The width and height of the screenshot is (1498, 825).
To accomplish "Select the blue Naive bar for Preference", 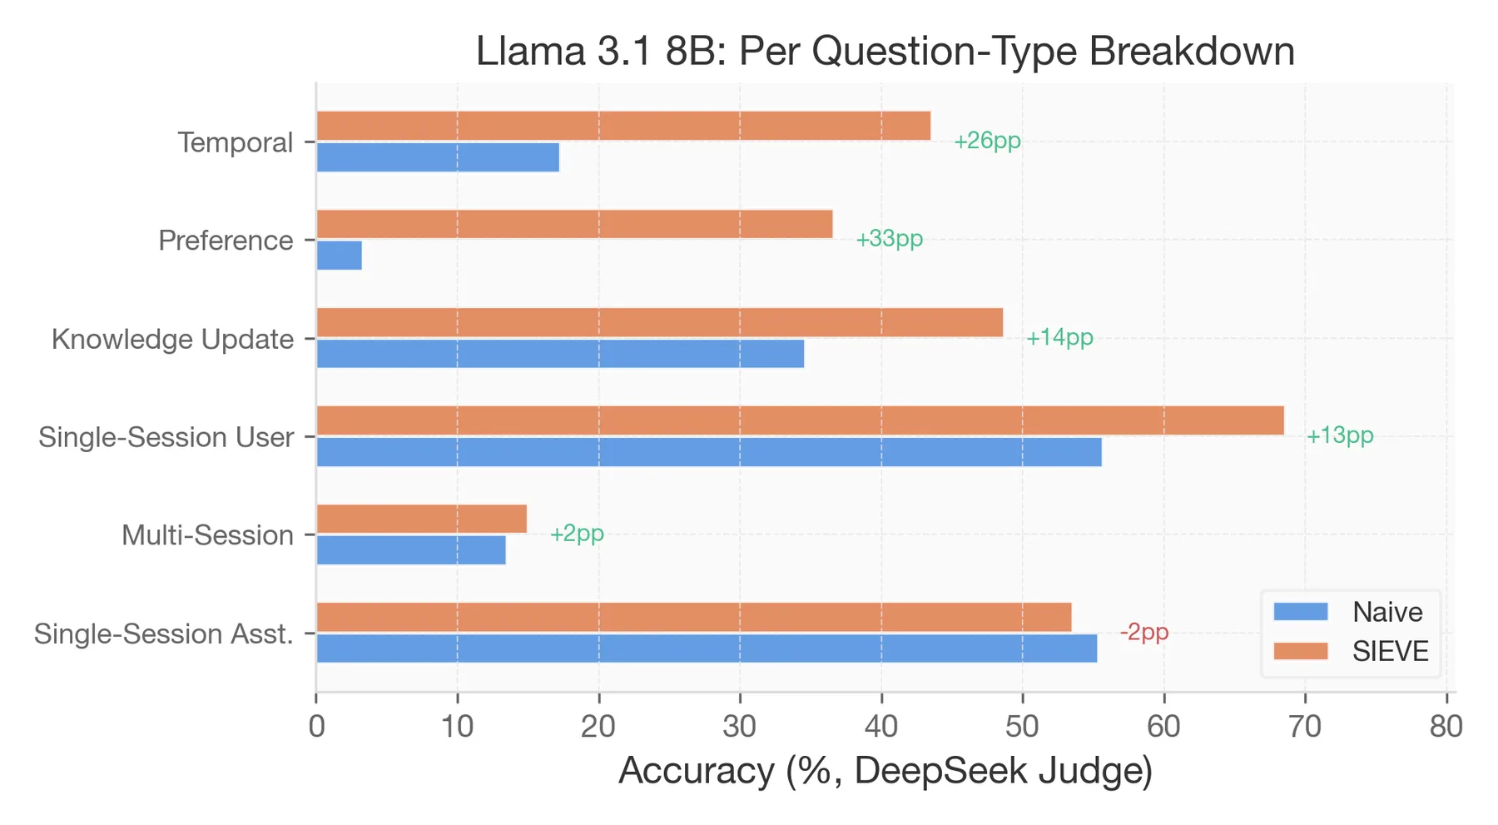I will coord(339,256).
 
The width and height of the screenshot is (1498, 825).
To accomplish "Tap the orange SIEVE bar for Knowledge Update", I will coord(659,322).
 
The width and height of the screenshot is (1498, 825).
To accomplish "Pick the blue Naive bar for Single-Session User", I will coord(708,452).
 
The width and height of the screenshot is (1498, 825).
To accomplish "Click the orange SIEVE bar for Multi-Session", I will coord(421,519).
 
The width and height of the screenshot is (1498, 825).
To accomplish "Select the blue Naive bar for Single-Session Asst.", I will coord(706,649).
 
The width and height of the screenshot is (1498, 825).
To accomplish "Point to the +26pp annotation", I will coord(987,141).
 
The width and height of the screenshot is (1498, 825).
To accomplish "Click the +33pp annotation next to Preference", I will coord(889,239).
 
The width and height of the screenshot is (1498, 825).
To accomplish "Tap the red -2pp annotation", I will coord(1144,633).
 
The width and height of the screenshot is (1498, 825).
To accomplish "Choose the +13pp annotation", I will coord(1339,435).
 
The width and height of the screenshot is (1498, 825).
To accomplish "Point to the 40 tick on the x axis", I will coord(880,727).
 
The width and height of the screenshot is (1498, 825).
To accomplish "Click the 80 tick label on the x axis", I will coord(1446,727).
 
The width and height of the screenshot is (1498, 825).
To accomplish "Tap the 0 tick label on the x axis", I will coord(316,727).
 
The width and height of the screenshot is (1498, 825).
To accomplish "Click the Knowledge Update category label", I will coord(172,340).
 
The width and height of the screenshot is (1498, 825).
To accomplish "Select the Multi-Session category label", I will coord(207,535).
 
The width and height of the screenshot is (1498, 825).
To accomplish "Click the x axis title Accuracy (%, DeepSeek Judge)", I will coord(885,771).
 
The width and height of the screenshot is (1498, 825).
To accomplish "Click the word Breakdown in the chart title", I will coord(1191,52).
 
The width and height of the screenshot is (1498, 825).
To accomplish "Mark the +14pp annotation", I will coord(1059,337).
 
